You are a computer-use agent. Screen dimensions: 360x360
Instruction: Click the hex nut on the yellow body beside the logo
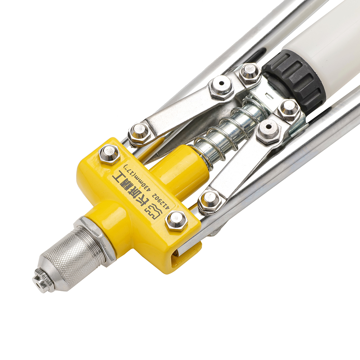click(x=176, y=220)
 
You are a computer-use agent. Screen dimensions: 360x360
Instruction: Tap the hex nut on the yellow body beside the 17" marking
click(x=109, y=154)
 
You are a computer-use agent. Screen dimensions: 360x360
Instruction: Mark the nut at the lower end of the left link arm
click(x=139, y=132)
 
